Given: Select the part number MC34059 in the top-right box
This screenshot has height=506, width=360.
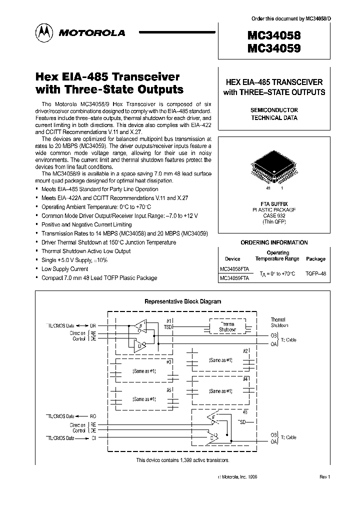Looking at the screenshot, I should click(273, 48).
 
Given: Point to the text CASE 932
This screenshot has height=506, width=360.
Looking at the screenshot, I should click(274, 215).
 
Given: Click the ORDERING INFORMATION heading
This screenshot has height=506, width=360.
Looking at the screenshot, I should click(274, 242).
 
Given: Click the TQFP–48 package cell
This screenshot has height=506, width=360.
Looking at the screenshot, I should click(315, 274).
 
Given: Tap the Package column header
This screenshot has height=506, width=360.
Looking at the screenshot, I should click(315, 259).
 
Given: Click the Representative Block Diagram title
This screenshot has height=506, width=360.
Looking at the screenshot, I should click(182, 301).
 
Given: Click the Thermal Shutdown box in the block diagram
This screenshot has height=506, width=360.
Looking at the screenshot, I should click(228, 327).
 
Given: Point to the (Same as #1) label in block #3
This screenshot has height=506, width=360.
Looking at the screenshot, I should click(144, 371).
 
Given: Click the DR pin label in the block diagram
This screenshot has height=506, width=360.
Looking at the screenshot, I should click(92, 325).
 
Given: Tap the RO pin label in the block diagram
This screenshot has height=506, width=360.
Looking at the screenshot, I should click(92, 416).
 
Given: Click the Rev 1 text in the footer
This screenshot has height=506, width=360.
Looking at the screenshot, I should click(324, 477).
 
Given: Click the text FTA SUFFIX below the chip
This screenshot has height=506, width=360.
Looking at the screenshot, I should click(274, 203).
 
